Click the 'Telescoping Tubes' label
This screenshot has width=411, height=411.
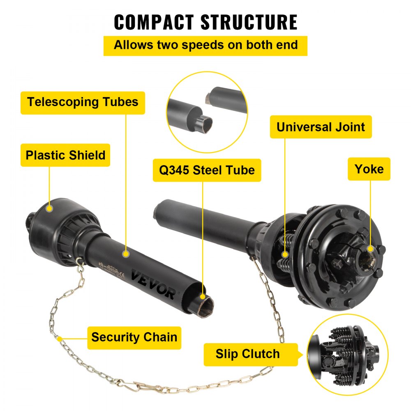tap(83, 102)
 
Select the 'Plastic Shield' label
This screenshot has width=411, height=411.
tap(65, 155)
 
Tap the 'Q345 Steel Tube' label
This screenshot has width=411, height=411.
tap(207, 170)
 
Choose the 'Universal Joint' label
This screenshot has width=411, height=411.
tap(321, 127)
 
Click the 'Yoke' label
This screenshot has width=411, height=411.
tap(369, 169)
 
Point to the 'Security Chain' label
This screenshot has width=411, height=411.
tap(134, 337)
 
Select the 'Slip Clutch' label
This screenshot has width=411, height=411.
tap(247, 354)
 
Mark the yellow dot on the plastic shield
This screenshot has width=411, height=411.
tap(49, 208)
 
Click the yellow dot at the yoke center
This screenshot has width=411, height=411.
tap(371, 249)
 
